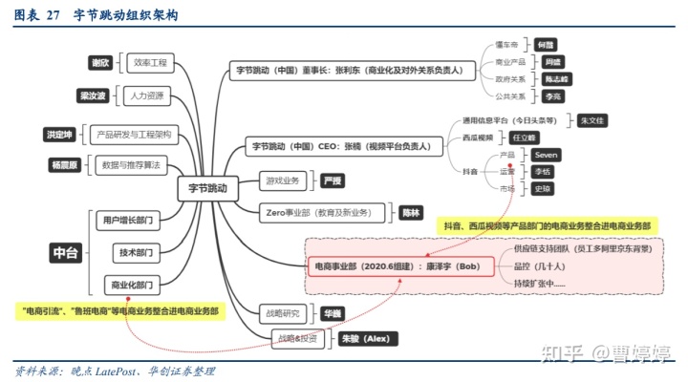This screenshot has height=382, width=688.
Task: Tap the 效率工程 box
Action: coord(151,63)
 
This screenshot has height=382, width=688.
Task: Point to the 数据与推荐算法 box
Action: coord(130,165)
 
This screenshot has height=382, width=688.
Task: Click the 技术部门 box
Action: coord(131,252)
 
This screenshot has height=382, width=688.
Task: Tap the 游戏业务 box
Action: coord(284,180)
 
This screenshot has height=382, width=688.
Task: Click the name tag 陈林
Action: coord(412,212)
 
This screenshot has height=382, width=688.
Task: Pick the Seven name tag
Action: coord(545,154)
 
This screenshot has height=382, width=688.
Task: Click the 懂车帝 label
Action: coord(505,45)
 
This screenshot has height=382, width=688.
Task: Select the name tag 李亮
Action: coord(551,96)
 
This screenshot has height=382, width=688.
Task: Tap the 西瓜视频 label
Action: coord(479,138)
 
